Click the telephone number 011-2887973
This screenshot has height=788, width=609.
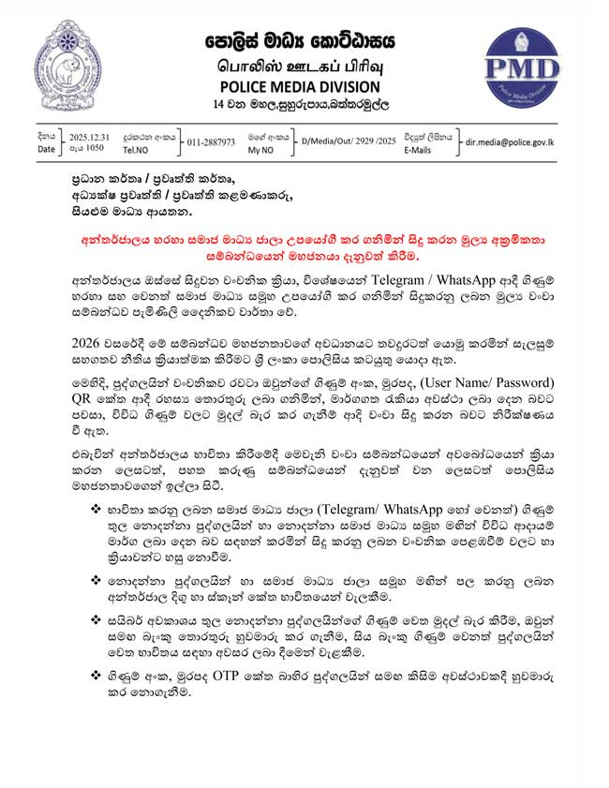click(211, 141)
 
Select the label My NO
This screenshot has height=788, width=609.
click(261, 148)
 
